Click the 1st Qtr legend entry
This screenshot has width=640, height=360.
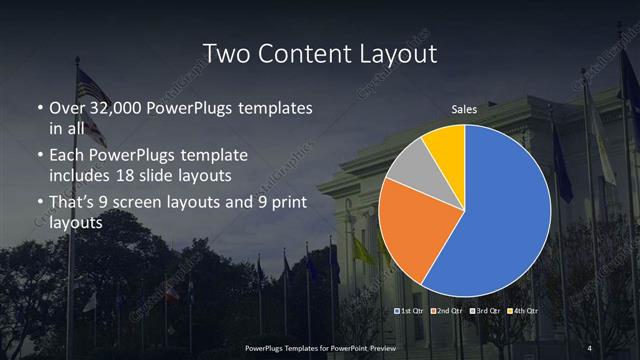(413, 312)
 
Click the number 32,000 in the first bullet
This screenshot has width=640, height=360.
(110, 107)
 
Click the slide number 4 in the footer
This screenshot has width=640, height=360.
(589, 347)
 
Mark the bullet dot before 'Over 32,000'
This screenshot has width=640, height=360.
(39, 108)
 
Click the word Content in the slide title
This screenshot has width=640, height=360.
(301, 53)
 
